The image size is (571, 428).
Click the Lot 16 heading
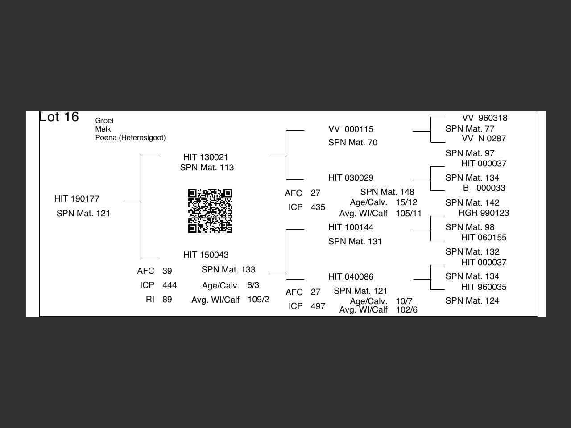(59, 117)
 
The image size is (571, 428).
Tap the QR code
(210, 211)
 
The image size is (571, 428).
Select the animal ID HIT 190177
(77, 199)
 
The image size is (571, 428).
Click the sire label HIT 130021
(206, 157)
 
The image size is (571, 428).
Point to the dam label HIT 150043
(206, 255)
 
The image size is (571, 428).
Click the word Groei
(104, 121)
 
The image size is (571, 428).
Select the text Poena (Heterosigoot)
(130, 138)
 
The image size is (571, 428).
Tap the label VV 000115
(351, 129)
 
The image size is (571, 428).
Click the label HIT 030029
(351, 178)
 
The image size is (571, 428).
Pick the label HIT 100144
(351, 227)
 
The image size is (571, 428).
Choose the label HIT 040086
(351, 277)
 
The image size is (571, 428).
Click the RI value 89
(167, 300)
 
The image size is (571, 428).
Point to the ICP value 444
(170, 285)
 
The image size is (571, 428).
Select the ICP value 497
(318, 306)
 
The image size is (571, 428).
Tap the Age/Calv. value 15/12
(406, 202)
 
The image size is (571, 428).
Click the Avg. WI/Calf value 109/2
(258, 300)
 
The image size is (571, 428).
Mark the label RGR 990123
(484, 213)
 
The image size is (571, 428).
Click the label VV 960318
(484, 118)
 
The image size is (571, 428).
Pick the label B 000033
(484, 188)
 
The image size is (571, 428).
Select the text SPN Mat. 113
(207, 168)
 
